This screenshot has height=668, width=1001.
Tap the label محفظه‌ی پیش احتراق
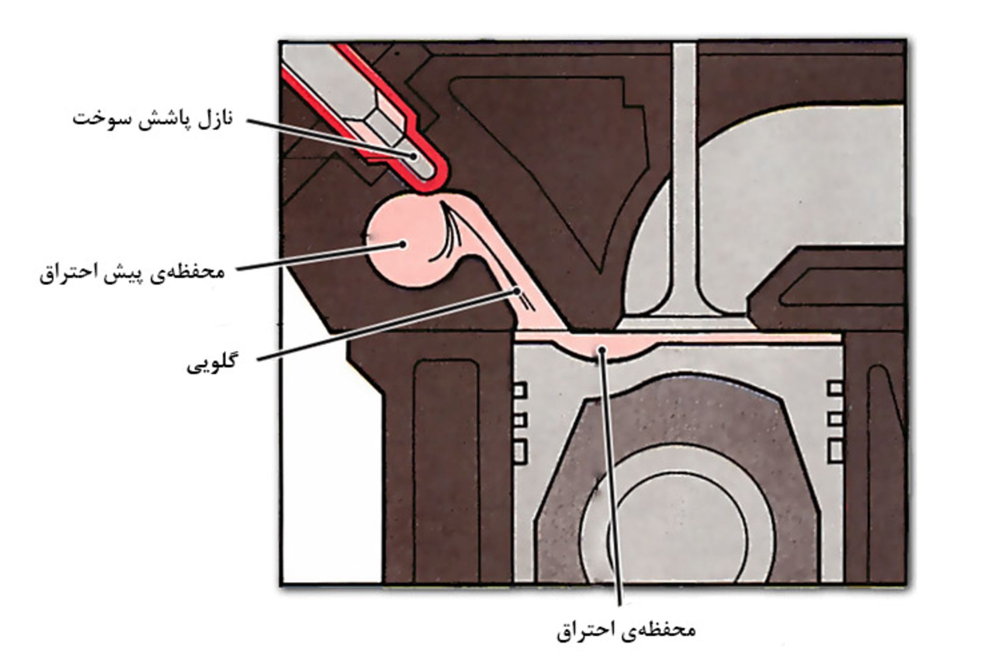tap(132, 273)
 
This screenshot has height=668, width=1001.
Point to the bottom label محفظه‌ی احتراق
tap(626, 630)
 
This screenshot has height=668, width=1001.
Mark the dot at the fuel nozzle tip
tap(414, 156)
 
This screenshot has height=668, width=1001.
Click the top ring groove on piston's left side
tap(520, 389)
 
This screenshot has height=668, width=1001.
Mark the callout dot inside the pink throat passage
tap(517, 290)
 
